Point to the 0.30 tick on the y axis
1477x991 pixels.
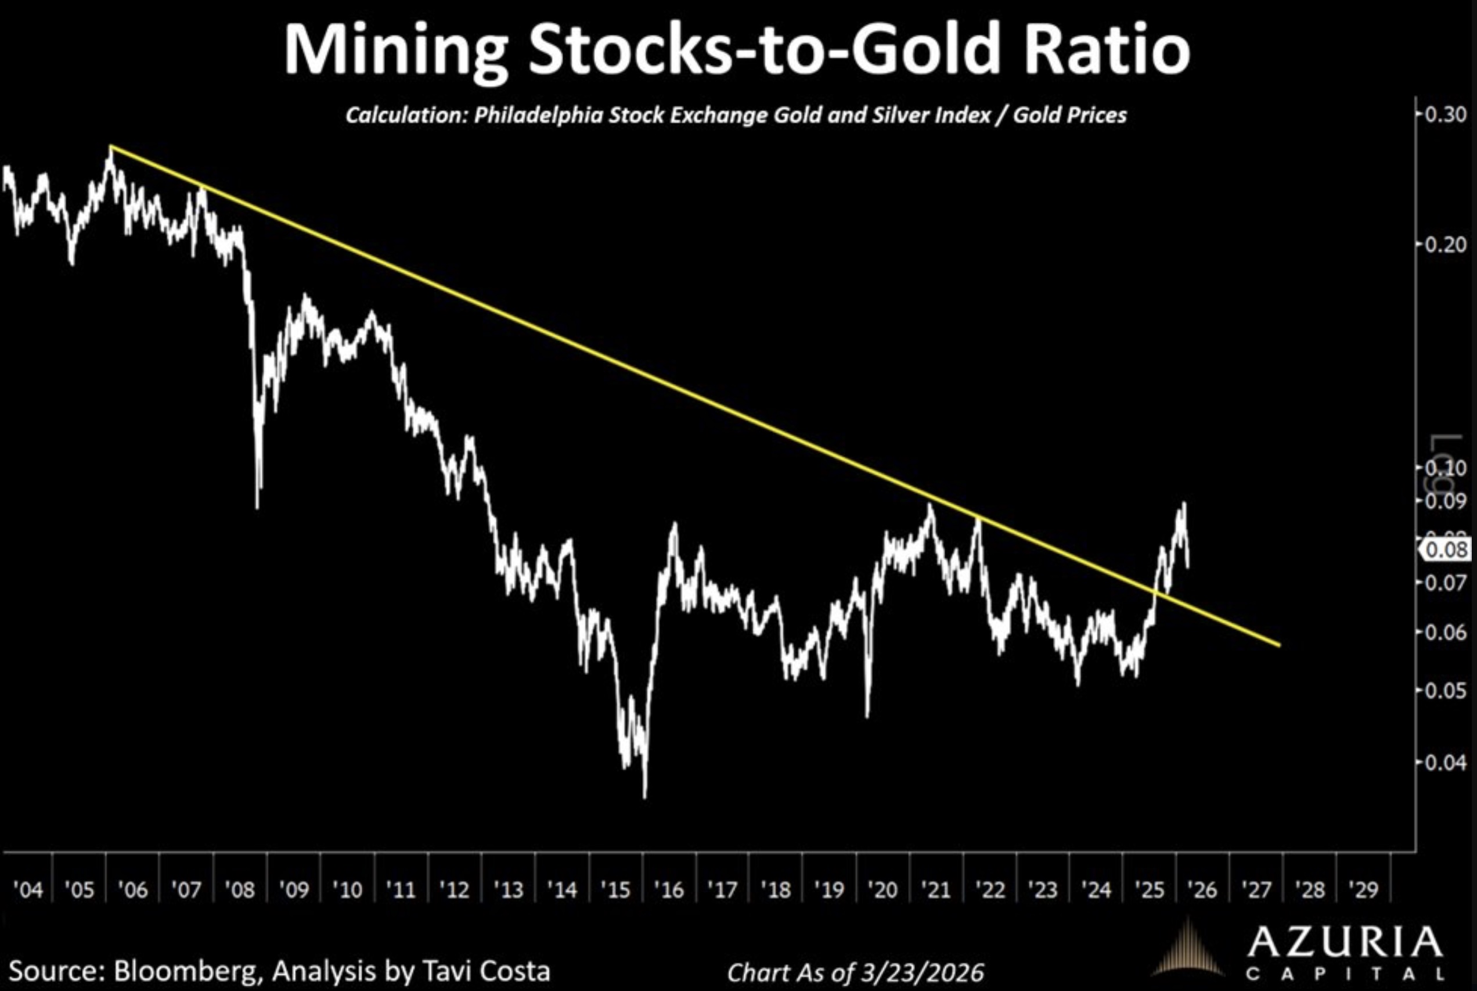click(x=1446, y=115)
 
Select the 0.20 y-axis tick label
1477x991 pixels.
click(x=1446, y=244)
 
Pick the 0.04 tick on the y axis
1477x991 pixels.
click(x=1446, y=763)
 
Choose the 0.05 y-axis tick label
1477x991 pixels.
click(x=1446, y=690)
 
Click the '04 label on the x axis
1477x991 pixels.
click(x=28, y=891)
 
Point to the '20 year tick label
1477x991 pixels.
click(x=882, y=891)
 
